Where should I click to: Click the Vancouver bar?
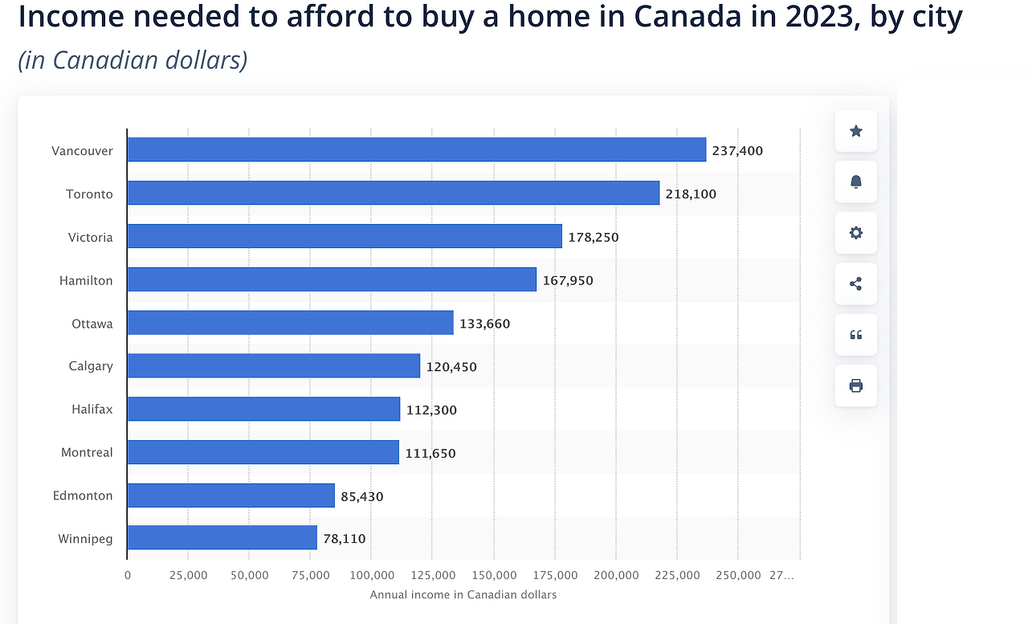(416, 150)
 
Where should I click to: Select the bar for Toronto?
(393, 194)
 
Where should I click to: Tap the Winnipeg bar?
(222, 538)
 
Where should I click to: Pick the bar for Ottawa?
(290, 323)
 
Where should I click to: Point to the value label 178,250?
(594, 238)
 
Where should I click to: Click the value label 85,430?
(362, 497)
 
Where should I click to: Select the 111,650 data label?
(430, 454)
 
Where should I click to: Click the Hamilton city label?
(86, 281)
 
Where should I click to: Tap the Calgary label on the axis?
(91, 366)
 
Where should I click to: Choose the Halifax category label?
(92, 410)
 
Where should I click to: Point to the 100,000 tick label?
(372, 576)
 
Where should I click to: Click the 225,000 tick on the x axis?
(677, 576)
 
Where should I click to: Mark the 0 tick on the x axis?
(128, 576)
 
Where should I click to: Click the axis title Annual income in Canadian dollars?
(463, 595)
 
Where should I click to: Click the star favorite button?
(856, 131)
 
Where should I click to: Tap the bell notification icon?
(856, 182)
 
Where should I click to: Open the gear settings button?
(856, 233)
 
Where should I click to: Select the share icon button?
(856, 283)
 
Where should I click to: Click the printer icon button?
(856, 385)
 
